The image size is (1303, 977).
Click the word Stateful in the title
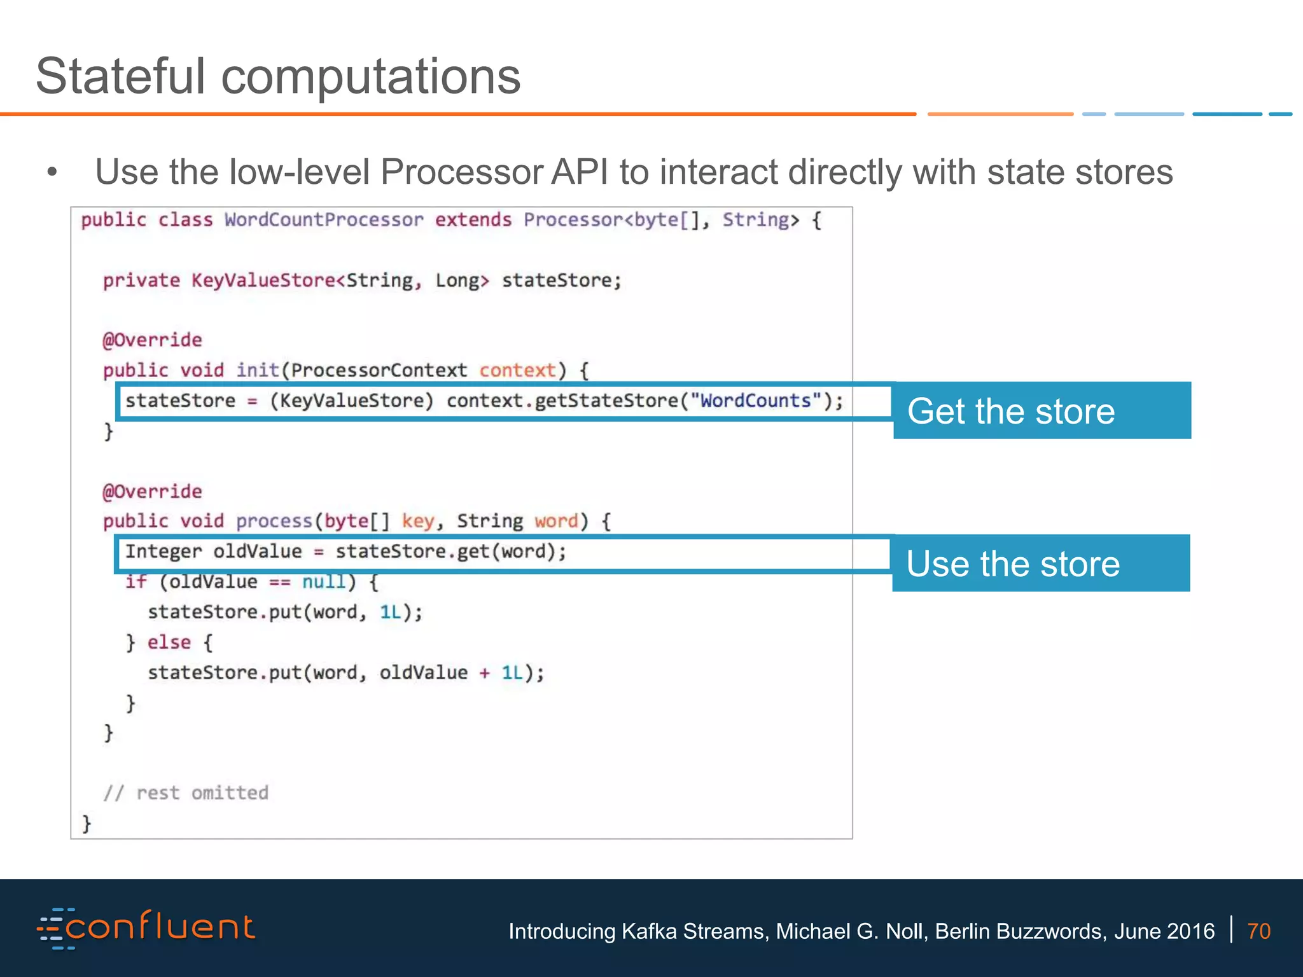[121, 76]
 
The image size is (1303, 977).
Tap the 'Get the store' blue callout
[1042, 411]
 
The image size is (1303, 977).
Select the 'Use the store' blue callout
[1040, 564]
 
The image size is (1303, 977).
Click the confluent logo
[146, 928]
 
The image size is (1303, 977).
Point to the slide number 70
[1258, 931]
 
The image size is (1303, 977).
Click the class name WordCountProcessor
[323, 220]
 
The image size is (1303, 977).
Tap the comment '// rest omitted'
[186, 793]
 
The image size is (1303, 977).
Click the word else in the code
[169, 642]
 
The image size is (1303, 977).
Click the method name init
[257, 370]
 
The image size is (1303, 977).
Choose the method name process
[274, 522]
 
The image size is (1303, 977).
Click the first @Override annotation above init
[152, 340]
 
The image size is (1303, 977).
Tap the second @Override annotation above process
[152, 492]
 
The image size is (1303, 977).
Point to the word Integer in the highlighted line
[163, 551]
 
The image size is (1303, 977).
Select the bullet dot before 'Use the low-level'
[52, 172]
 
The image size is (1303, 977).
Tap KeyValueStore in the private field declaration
[263, 281]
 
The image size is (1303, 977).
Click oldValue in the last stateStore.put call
[423, 673]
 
